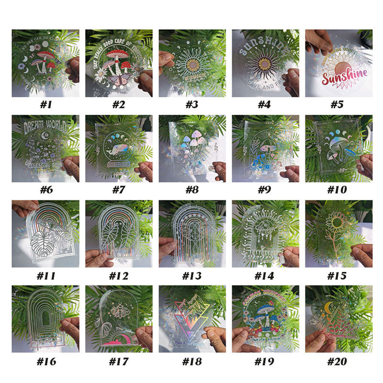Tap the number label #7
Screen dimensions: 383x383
[118, 190]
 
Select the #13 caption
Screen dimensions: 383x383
[192, 276]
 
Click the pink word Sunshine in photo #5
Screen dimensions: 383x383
[344, 78]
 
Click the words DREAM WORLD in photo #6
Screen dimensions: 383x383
[45, 127]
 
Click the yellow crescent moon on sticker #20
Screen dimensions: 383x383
[328, 305]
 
